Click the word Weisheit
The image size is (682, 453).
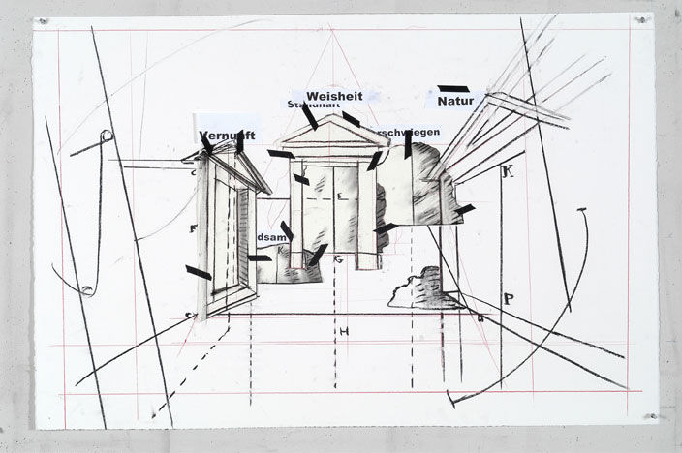pyautogui.click(x=334, y=95)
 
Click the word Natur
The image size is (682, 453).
pyautogui.click(x=453, y=100)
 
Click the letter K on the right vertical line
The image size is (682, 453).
pyautogui.click(x=507, y=172)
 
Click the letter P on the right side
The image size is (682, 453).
pyautogui.click(x=509, y=299)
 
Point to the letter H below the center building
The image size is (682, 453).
pyautogui.click(x=343, y=332)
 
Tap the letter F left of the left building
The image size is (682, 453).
pyautogui.click(x=194, y=229)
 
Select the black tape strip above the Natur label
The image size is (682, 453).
pyautogui.click(x=452, y=88)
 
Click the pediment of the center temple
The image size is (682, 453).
pyautogui.click(x=332, y=132)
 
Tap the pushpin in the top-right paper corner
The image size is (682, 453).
pyautogui.click(x=640, y=19)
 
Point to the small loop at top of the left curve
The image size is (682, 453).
pyautogui.click(x=107, y=136)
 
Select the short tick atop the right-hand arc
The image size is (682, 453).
pyautogui.click(x=582, y=210)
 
